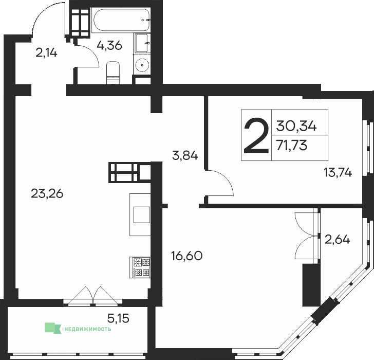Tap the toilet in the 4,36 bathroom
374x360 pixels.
(113, 73)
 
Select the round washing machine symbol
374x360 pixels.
(142, 64)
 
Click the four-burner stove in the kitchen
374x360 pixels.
(140, 267)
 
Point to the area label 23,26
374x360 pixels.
(47, 193)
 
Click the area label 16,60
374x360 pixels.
(187, 256)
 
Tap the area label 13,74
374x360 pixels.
(338, 172)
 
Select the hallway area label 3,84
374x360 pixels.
(185, 156)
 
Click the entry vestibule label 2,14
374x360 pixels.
(46, 53)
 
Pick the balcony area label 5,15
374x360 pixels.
(118, 318)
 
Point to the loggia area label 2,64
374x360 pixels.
(337, 240)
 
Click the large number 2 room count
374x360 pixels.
(256, 135)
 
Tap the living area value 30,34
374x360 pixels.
(296, 126)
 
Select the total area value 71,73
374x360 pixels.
(291, 145)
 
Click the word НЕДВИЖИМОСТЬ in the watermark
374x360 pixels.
(87, 329)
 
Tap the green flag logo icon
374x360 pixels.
(53, 328)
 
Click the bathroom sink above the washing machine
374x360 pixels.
(142, 43)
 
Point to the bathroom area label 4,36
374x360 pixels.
(109, 45)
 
